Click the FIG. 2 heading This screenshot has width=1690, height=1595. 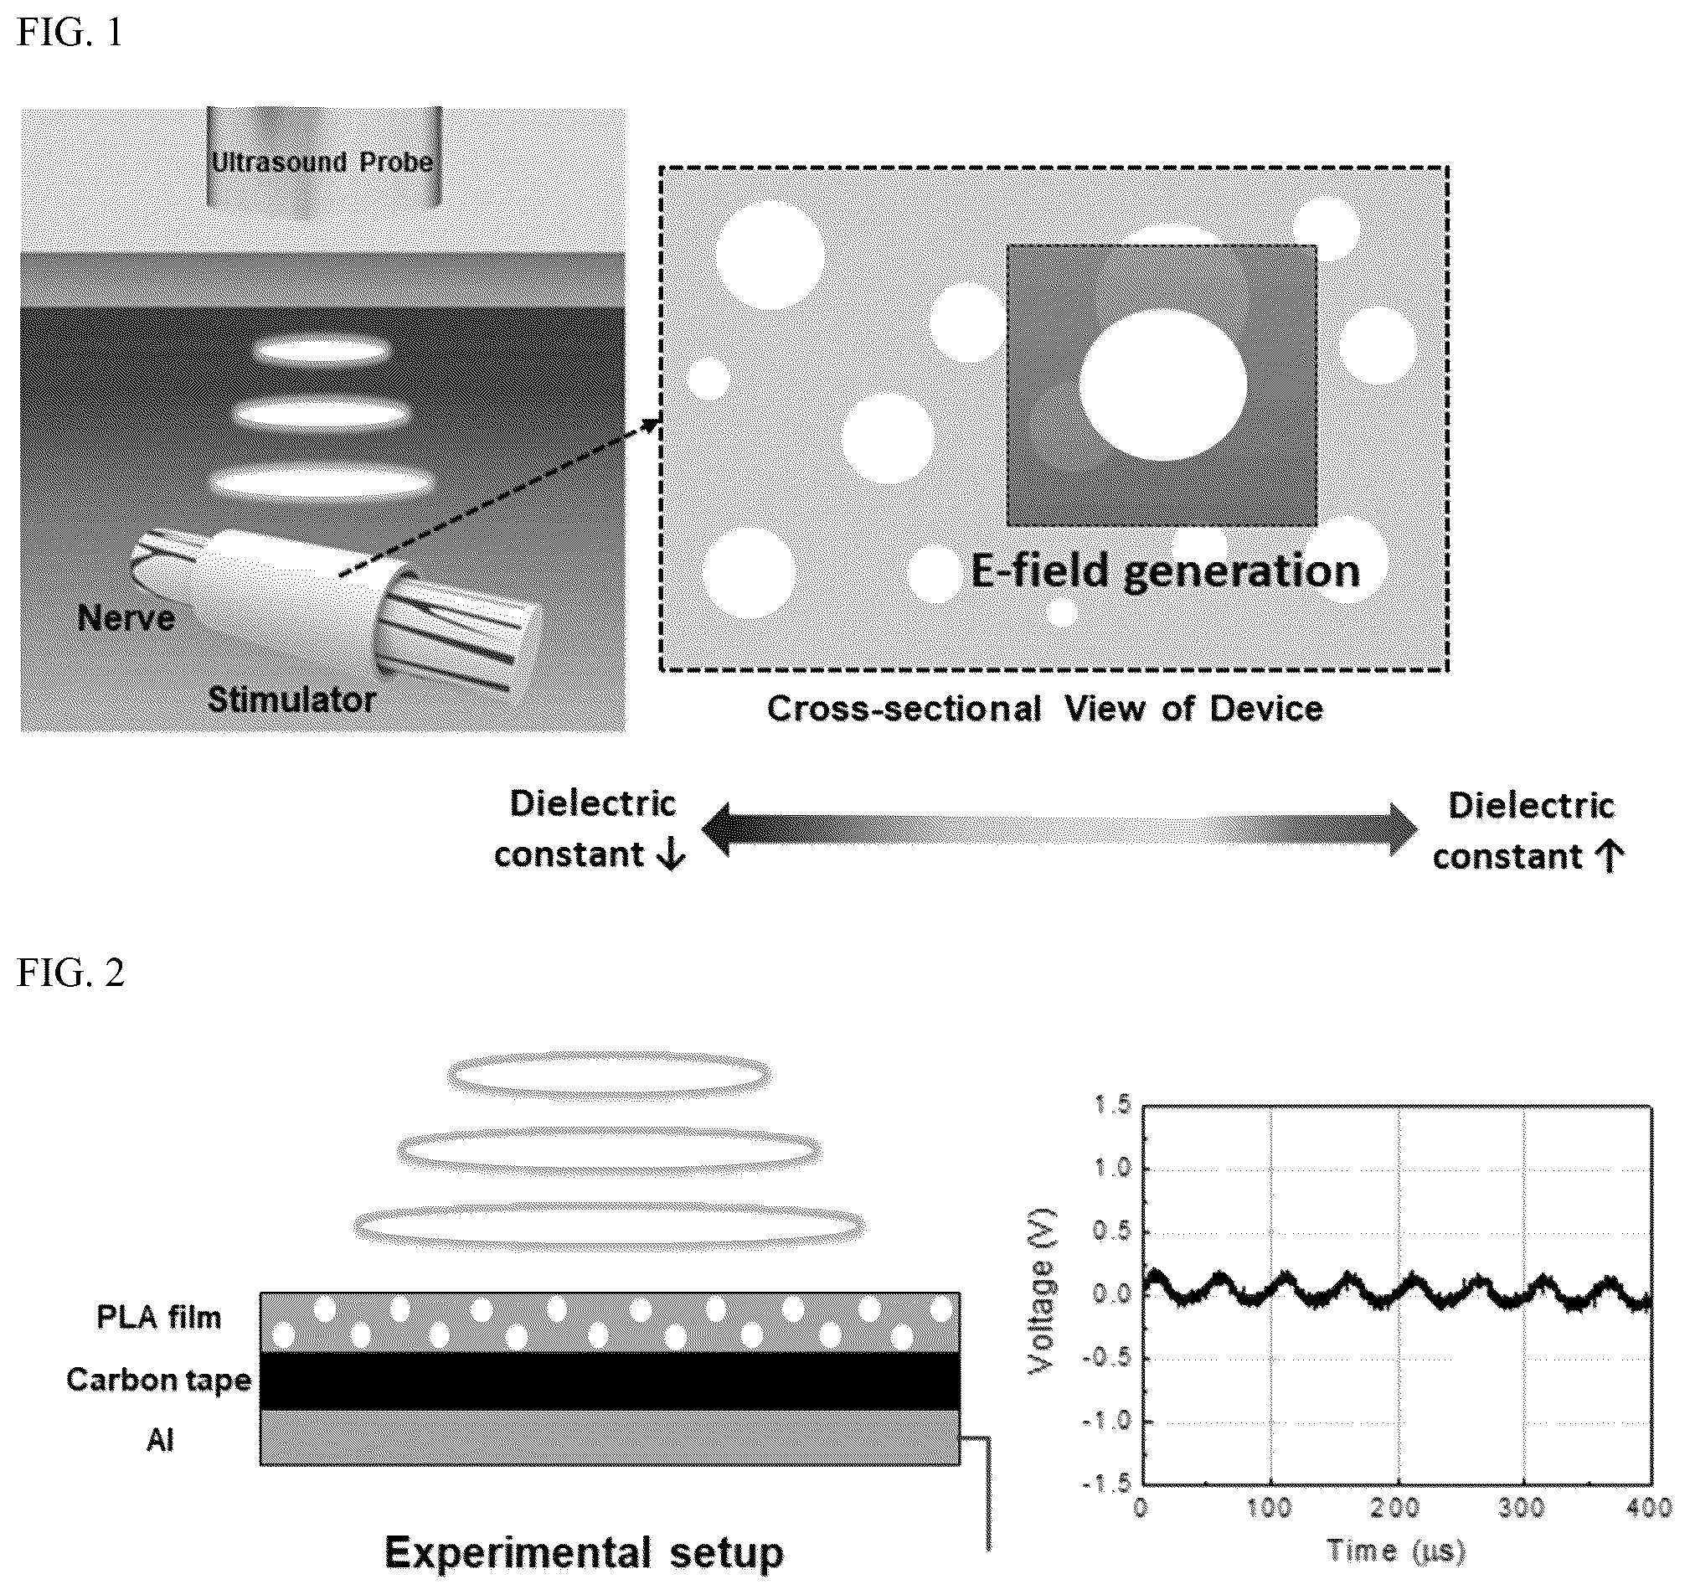click(x=70, y=973)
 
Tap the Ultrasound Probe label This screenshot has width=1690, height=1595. click(x=322, y=162)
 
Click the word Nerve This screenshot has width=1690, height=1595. click(x=126, y=618)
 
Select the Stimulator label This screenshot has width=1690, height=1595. click(x=291, y=699)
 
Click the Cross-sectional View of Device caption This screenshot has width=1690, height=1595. click(x=1045, y=708)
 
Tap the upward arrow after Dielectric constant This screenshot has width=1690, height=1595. click(x=1609, y=856)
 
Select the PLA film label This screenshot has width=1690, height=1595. click(x=159, y=1317)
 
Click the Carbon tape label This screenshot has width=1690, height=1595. click(x=159, y=1379)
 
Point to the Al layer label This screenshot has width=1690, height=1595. click(x=160, y=1440)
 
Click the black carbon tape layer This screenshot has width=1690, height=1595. click(x=610, y=1381)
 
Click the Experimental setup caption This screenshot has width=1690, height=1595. click(x=584, y=1552)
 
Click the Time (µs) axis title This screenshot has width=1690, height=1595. click(x=1396, y=1551)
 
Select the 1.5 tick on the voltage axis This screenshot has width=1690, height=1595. click(x=1113, y=1105)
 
